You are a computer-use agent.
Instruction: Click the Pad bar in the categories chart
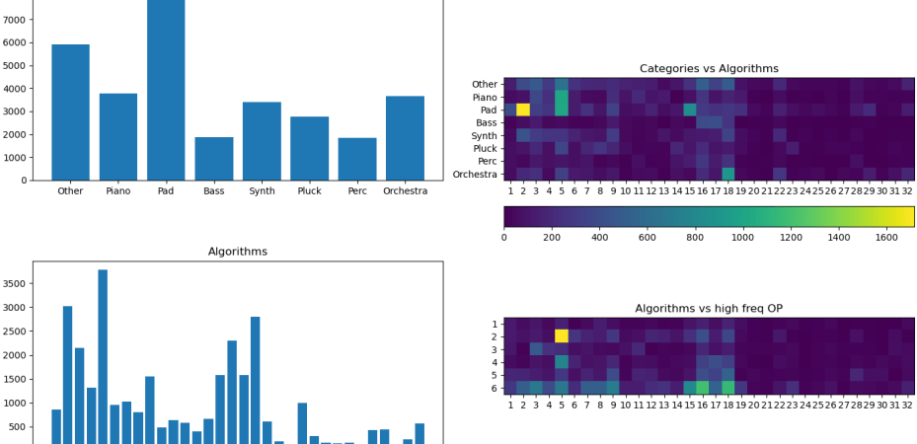click(166, 89)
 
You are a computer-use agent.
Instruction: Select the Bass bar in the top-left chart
click(213, 158)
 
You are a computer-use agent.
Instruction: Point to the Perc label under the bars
click(357, 191)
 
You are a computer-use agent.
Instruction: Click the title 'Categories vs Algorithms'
click(709, 68)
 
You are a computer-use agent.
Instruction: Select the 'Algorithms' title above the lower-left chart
click(237, 252)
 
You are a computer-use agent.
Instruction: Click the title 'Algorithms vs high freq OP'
click(709, 309)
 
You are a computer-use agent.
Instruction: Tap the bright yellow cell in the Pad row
click(523, 110)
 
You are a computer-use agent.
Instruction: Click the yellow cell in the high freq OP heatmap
click(562, 336)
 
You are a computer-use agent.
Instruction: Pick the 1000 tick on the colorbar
click(744, 237)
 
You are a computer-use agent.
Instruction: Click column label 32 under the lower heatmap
click(907, 403)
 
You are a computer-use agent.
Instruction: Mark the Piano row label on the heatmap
click(484, 97)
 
